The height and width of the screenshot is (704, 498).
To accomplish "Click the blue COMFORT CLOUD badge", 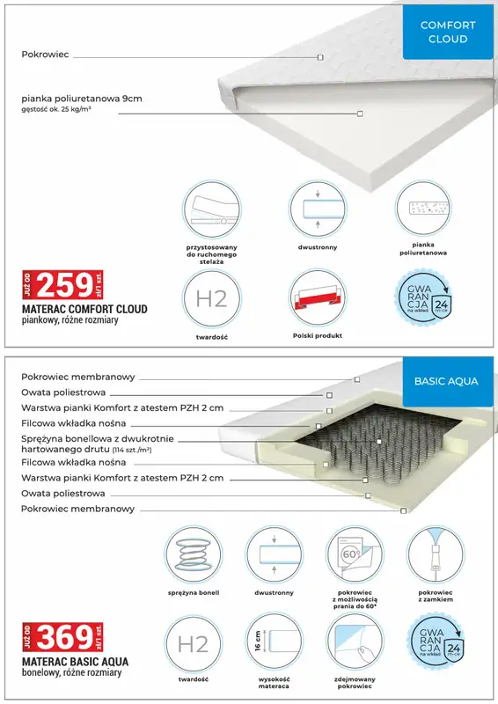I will (448, 33).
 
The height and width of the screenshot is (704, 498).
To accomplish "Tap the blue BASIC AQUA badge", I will (446, 381).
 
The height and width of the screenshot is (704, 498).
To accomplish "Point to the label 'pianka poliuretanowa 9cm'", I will (82, 99).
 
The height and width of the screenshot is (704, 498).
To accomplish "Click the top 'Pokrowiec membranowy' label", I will (78, 377).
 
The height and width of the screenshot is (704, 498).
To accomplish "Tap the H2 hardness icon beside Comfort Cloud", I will (212, 298).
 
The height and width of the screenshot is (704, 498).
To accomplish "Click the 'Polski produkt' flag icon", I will (318, 298).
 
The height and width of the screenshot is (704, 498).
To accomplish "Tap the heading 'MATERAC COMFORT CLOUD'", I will (84, 310).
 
